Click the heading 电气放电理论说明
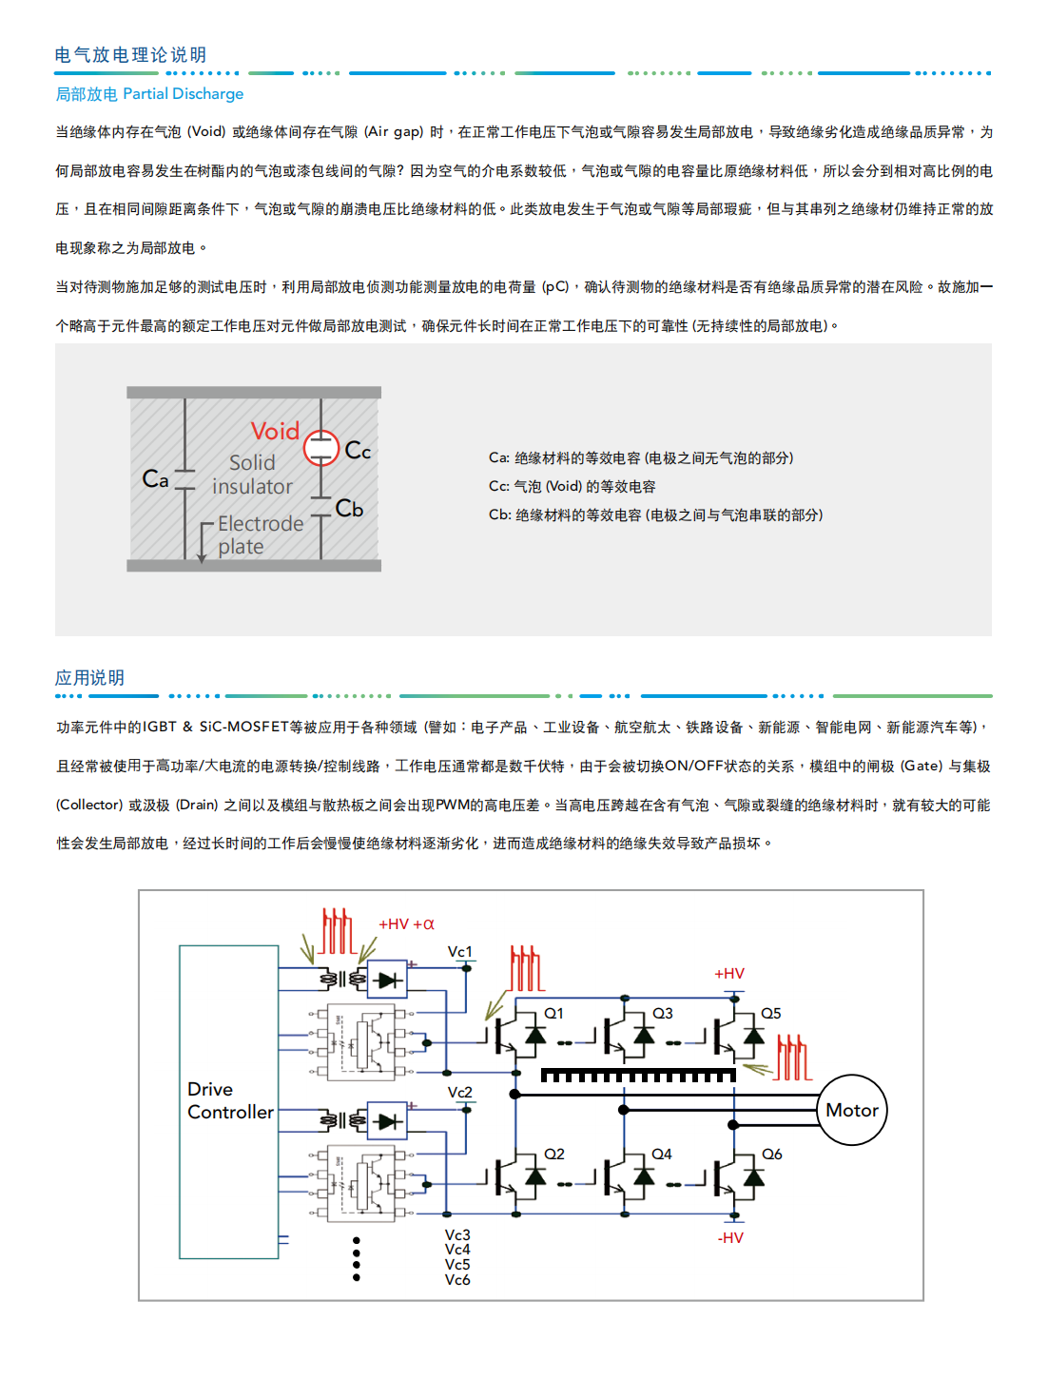(130, 55)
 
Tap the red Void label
(275, 432)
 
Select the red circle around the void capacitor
(321, 448)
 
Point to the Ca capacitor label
(155, 478)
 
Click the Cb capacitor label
(350, 509)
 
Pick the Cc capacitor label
(358, 450)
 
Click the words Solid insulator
(252, 475)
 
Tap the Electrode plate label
(260, 534)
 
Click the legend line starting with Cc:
(572, 487)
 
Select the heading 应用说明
(89, 678)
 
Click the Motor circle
(852, 1110)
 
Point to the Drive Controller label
(229, 1100)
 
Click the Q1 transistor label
(553, 1014)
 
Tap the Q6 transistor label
(771, 1155)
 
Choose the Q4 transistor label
(662, 1155)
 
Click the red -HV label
(730, 1238)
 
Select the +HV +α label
(406, 924)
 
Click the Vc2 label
(460, 1093)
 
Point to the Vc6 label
(457, 1280)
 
